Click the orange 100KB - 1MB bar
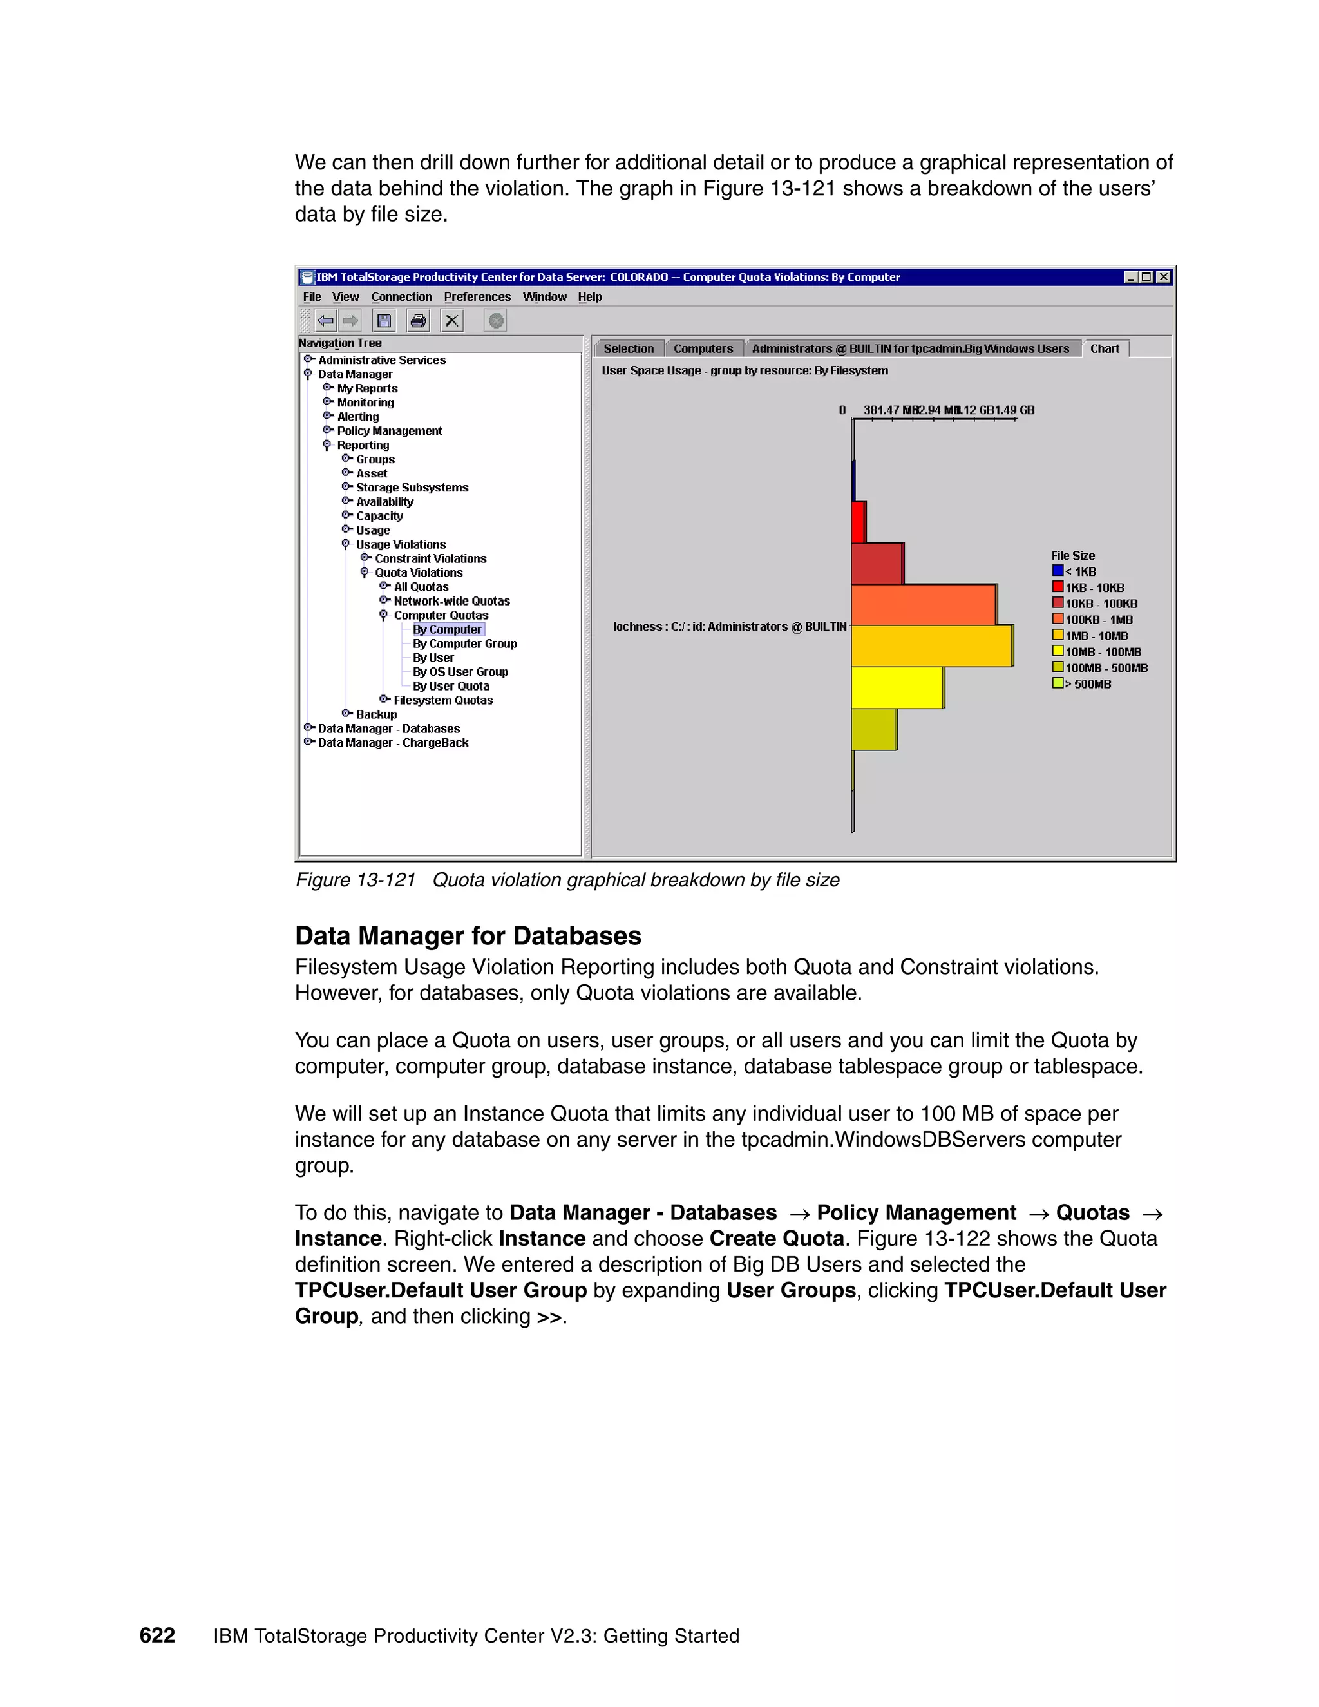923,605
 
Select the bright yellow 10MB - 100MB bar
897,688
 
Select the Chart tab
1104,348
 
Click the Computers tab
703,348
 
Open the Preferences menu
477,297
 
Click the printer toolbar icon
419,320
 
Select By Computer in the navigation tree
447,629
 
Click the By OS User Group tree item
460,672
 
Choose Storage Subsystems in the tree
412,488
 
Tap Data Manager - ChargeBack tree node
393,743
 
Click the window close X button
1164,277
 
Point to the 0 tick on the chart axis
843,410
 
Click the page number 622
157,1635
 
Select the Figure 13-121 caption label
356,880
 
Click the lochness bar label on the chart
729,627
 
